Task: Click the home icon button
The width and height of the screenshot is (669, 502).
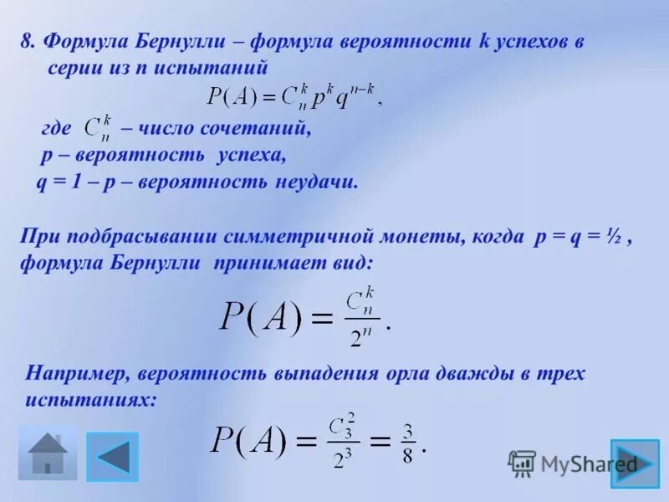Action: [x=48, y=453]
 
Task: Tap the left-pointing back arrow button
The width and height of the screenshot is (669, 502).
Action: [x=113, y=456]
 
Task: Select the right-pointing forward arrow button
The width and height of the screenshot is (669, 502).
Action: [x=635, y=463]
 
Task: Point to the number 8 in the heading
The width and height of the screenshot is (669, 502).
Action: [x=26, y=42]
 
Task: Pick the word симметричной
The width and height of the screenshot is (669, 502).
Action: [x=301, y=237]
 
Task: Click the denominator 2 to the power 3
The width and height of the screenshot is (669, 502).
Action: [x=341, y=458]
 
